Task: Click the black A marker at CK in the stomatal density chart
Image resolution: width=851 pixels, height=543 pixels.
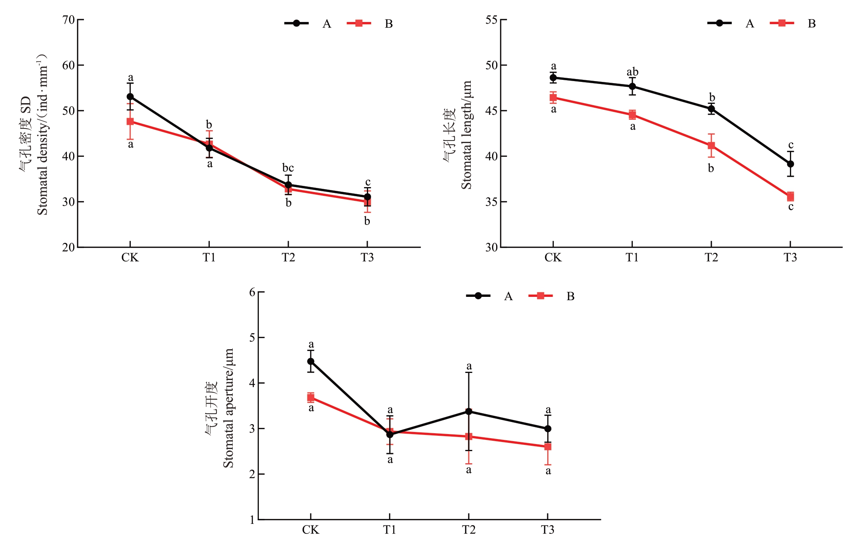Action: (130, 96)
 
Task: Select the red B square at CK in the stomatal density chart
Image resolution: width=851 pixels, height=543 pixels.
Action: (130, 121)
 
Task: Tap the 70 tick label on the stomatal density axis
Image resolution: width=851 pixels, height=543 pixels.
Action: (69, 20)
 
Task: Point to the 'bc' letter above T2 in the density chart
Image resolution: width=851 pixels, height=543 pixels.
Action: (288, 168)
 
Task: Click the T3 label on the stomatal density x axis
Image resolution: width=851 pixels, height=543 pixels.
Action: (367, 258)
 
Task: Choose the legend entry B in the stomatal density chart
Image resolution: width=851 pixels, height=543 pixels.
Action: (389, 24)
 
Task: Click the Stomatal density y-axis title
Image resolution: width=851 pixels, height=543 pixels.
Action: (42, 135)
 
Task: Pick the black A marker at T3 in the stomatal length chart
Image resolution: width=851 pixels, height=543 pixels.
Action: (790, 164)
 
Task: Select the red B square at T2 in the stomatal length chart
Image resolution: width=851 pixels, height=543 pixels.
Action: (711, 146)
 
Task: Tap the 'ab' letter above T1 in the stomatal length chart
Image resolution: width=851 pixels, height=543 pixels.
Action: (632, 72)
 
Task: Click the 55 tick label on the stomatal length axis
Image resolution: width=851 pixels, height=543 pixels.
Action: (492, 20)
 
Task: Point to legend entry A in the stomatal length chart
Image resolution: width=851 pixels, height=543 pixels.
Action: (750, 23)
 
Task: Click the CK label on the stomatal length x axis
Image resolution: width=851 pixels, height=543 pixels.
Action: (553, 258)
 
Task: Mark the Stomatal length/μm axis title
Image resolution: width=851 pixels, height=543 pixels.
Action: (466, 135)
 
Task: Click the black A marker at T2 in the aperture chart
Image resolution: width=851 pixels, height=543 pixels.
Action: (469, 411)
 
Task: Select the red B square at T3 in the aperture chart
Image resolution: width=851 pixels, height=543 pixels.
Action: (548, 447)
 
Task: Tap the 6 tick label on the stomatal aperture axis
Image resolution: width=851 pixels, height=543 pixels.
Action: (252, 292)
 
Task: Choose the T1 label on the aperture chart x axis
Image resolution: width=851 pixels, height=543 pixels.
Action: (389, 530)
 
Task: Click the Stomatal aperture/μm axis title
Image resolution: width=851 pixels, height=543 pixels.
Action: (228, 407)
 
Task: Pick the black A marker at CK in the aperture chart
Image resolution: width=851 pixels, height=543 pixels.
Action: (311, 361)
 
